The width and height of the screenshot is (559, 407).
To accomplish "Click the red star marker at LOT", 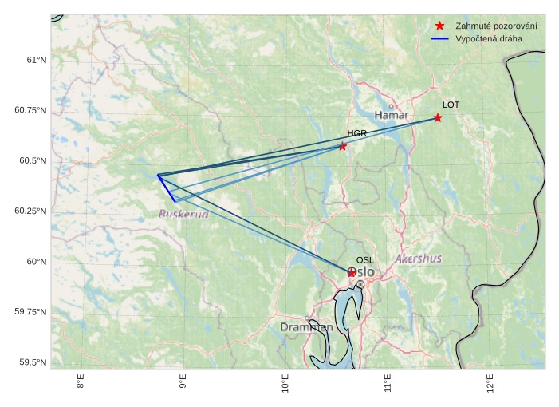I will point(438,118).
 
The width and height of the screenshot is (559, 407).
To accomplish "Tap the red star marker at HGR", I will point(343,146).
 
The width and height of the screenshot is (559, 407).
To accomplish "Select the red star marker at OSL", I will point(352,273).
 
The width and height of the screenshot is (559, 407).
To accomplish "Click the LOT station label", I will point(451,105).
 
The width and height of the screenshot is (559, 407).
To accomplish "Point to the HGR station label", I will point(356,133).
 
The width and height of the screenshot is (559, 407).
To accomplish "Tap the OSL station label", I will point(364,260).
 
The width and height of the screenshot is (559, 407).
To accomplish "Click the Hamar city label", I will point(392,116).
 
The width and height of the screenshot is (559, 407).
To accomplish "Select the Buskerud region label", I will point(183,214).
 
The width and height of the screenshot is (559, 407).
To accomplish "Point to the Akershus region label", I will point(418,259).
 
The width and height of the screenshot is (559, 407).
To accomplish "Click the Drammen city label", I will point(306,327).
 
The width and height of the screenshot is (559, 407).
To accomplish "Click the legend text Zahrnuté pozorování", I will point(496,26).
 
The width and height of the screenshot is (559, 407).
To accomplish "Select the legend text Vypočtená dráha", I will point(488,38).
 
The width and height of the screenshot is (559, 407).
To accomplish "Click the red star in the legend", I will point(439,26).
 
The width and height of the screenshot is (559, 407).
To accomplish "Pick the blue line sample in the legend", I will point(439,38).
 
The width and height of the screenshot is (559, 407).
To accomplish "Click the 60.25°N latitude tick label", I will point(30,211).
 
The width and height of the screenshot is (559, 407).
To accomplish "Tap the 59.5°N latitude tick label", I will point(33,362).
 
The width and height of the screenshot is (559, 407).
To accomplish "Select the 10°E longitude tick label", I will point(285,384).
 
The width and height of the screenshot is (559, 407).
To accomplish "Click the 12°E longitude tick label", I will point(490,384).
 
